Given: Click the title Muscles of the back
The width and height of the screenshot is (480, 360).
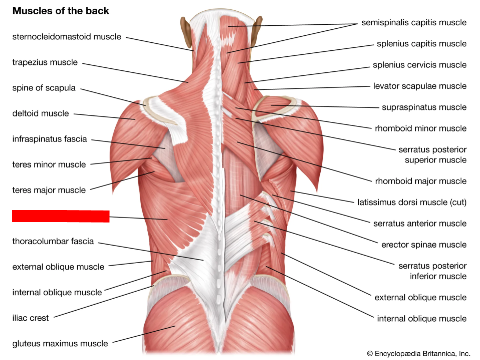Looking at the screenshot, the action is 61,11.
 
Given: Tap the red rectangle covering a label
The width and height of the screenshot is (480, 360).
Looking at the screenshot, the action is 61,216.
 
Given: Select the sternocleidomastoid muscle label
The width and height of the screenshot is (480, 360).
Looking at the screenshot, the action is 67,37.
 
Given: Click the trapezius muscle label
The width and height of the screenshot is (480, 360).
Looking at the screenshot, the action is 45,62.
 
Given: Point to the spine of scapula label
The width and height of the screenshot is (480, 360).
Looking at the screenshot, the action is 44,88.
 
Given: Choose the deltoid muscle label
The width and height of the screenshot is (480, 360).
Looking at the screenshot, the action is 40,113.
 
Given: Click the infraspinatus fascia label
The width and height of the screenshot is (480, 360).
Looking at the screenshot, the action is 50,139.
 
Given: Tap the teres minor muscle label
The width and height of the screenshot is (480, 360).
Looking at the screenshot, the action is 49,164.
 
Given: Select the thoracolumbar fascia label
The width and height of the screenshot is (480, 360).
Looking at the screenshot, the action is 53,241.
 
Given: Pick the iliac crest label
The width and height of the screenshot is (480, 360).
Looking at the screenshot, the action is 31,318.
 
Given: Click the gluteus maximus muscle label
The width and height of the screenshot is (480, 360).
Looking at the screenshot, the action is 60,343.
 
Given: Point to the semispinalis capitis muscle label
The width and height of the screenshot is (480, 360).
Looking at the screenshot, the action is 414,22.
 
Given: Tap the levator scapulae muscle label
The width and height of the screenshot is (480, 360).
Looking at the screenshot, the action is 420,86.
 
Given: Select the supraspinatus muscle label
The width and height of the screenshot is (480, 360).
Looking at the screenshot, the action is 424,107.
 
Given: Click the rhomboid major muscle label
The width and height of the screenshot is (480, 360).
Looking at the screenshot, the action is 421,181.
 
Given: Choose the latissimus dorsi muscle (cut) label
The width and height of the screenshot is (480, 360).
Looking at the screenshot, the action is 412,202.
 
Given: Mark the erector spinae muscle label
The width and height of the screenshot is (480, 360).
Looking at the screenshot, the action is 424,245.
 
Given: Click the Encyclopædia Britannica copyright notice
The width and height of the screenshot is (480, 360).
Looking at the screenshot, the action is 419,353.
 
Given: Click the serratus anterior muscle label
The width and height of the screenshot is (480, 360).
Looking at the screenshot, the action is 420,223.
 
